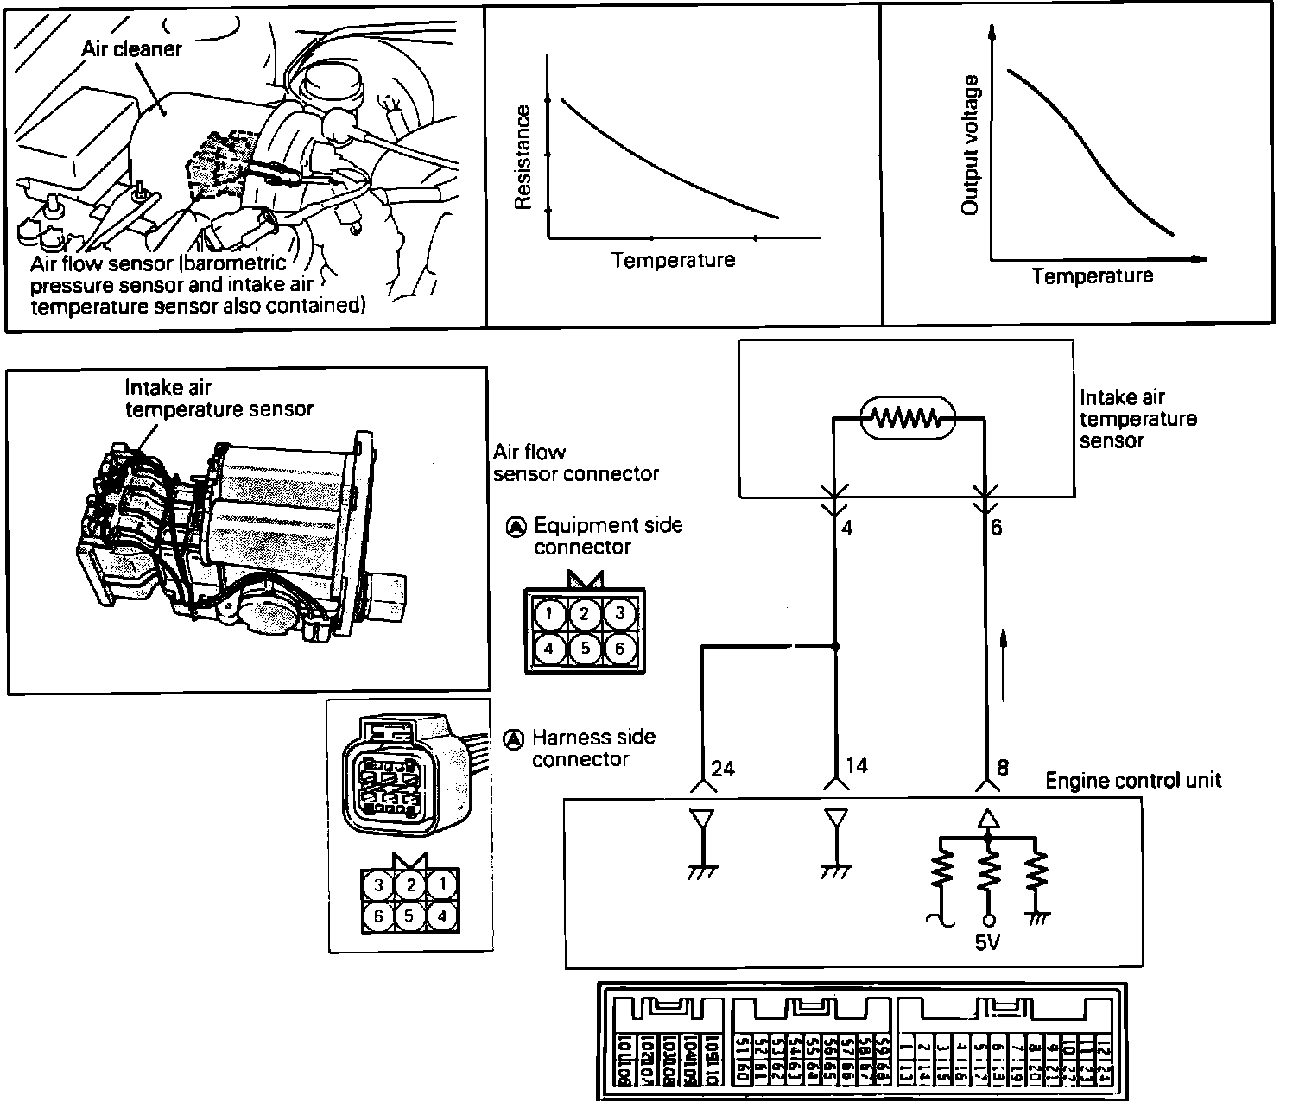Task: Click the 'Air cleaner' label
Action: pyautogui.click(x=131, y=48)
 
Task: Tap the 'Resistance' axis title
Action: pyautogui.click(x=523, y=157)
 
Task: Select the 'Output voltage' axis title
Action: pyautogui.click(x=971, y=145)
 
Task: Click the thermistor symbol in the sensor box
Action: pyautogui.click(x=908, y=418)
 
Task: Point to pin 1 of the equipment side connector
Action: pyautogui.click(x=549, y=614)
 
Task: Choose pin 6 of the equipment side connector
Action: pyautogui.click(x=618, y=647)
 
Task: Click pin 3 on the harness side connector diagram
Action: pyautogui.click(x=377, y=884)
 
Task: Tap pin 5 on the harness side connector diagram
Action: pyautogui.click(x=410, y=915)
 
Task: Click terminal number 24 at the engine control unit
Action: pyautogui.click(x=722, y=767)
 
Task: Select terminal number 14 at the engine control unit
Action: pyautogui.click(x=856, y=765)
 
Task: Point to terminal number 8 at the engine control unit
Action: pyautogui.click(x=1002, y=765)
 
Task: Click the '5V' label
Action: pyautogui.click(x=987, y=942)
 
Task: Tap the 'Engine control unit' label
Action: pyautogui.click(x=1133, y=781)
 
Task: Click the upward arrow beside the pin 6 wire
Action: pyautogui.click(x=1004, y=665)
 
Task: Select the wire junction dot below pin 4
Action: pyautogui.click(x=834, y=646)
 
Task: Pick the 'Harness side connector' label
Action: pyautogui.click(x=593, y=748)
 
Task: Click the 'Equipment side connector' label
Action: pyautogui.click(x=607, y=535)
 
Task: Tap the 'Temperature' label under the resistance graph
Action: pyautogui.click(x=673, y=260)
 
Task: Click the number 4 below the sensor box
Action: pyautogui.click(x=847, y=527)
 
